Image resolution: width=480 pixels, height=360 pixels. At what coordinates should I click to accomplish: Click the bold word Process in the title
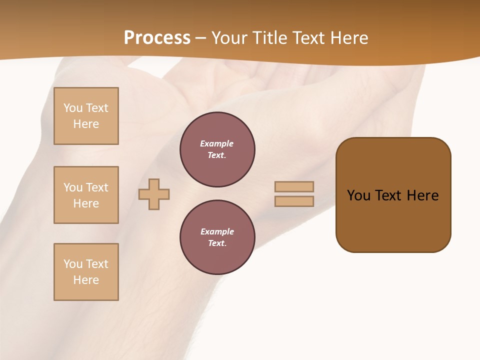[157, 38]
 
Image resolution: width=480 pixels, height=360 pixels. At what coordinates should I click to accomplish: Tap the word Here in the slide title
[349, 38]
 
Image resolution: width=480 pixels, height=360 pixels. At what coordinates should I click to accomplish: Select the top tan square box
[86, 116]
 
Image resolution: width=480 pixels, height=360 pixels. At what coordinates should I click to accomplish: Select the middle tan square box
[86, 195]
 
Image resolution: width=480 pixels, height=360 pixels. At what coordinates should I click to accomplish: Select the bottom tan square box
[86, 272]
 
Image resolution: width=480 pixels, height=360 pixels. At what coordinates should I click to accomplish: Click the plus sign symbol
[154, 194]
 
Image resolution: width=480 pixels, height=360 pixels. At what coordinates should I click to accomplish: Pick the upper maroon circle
[217, 149]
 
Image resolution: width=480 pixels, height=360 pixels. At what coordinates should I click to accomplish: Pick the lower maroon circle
[217, 237]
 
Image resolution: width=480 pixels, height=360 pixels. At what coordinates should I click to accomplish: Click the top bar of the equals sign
[294, 186]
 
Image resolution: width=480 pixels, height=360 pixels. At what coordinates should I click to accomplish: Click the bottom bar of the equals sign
[294, 201]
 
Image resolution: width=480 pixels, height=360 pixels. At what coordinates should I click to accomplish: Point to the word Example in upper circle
[216, 143]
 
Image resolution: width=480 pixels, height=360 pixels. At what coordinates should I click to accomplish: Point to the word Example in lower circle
[217, 231]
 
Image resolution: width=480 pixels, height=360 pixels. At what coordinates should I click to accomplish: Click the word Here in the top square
[86, 124]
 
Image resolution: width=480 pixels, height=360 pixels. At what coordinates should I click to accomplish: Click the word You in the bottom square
[73, 264]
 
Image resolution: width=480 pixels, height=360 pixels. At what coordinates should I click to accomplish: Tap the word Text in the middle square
[97, 187]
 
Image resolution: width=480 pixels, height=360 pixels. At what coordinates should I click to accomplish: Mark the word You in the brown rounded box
[358, 195]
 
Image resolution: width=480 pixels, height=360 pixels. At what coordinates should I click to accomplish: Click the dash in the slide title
[200, 38]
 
